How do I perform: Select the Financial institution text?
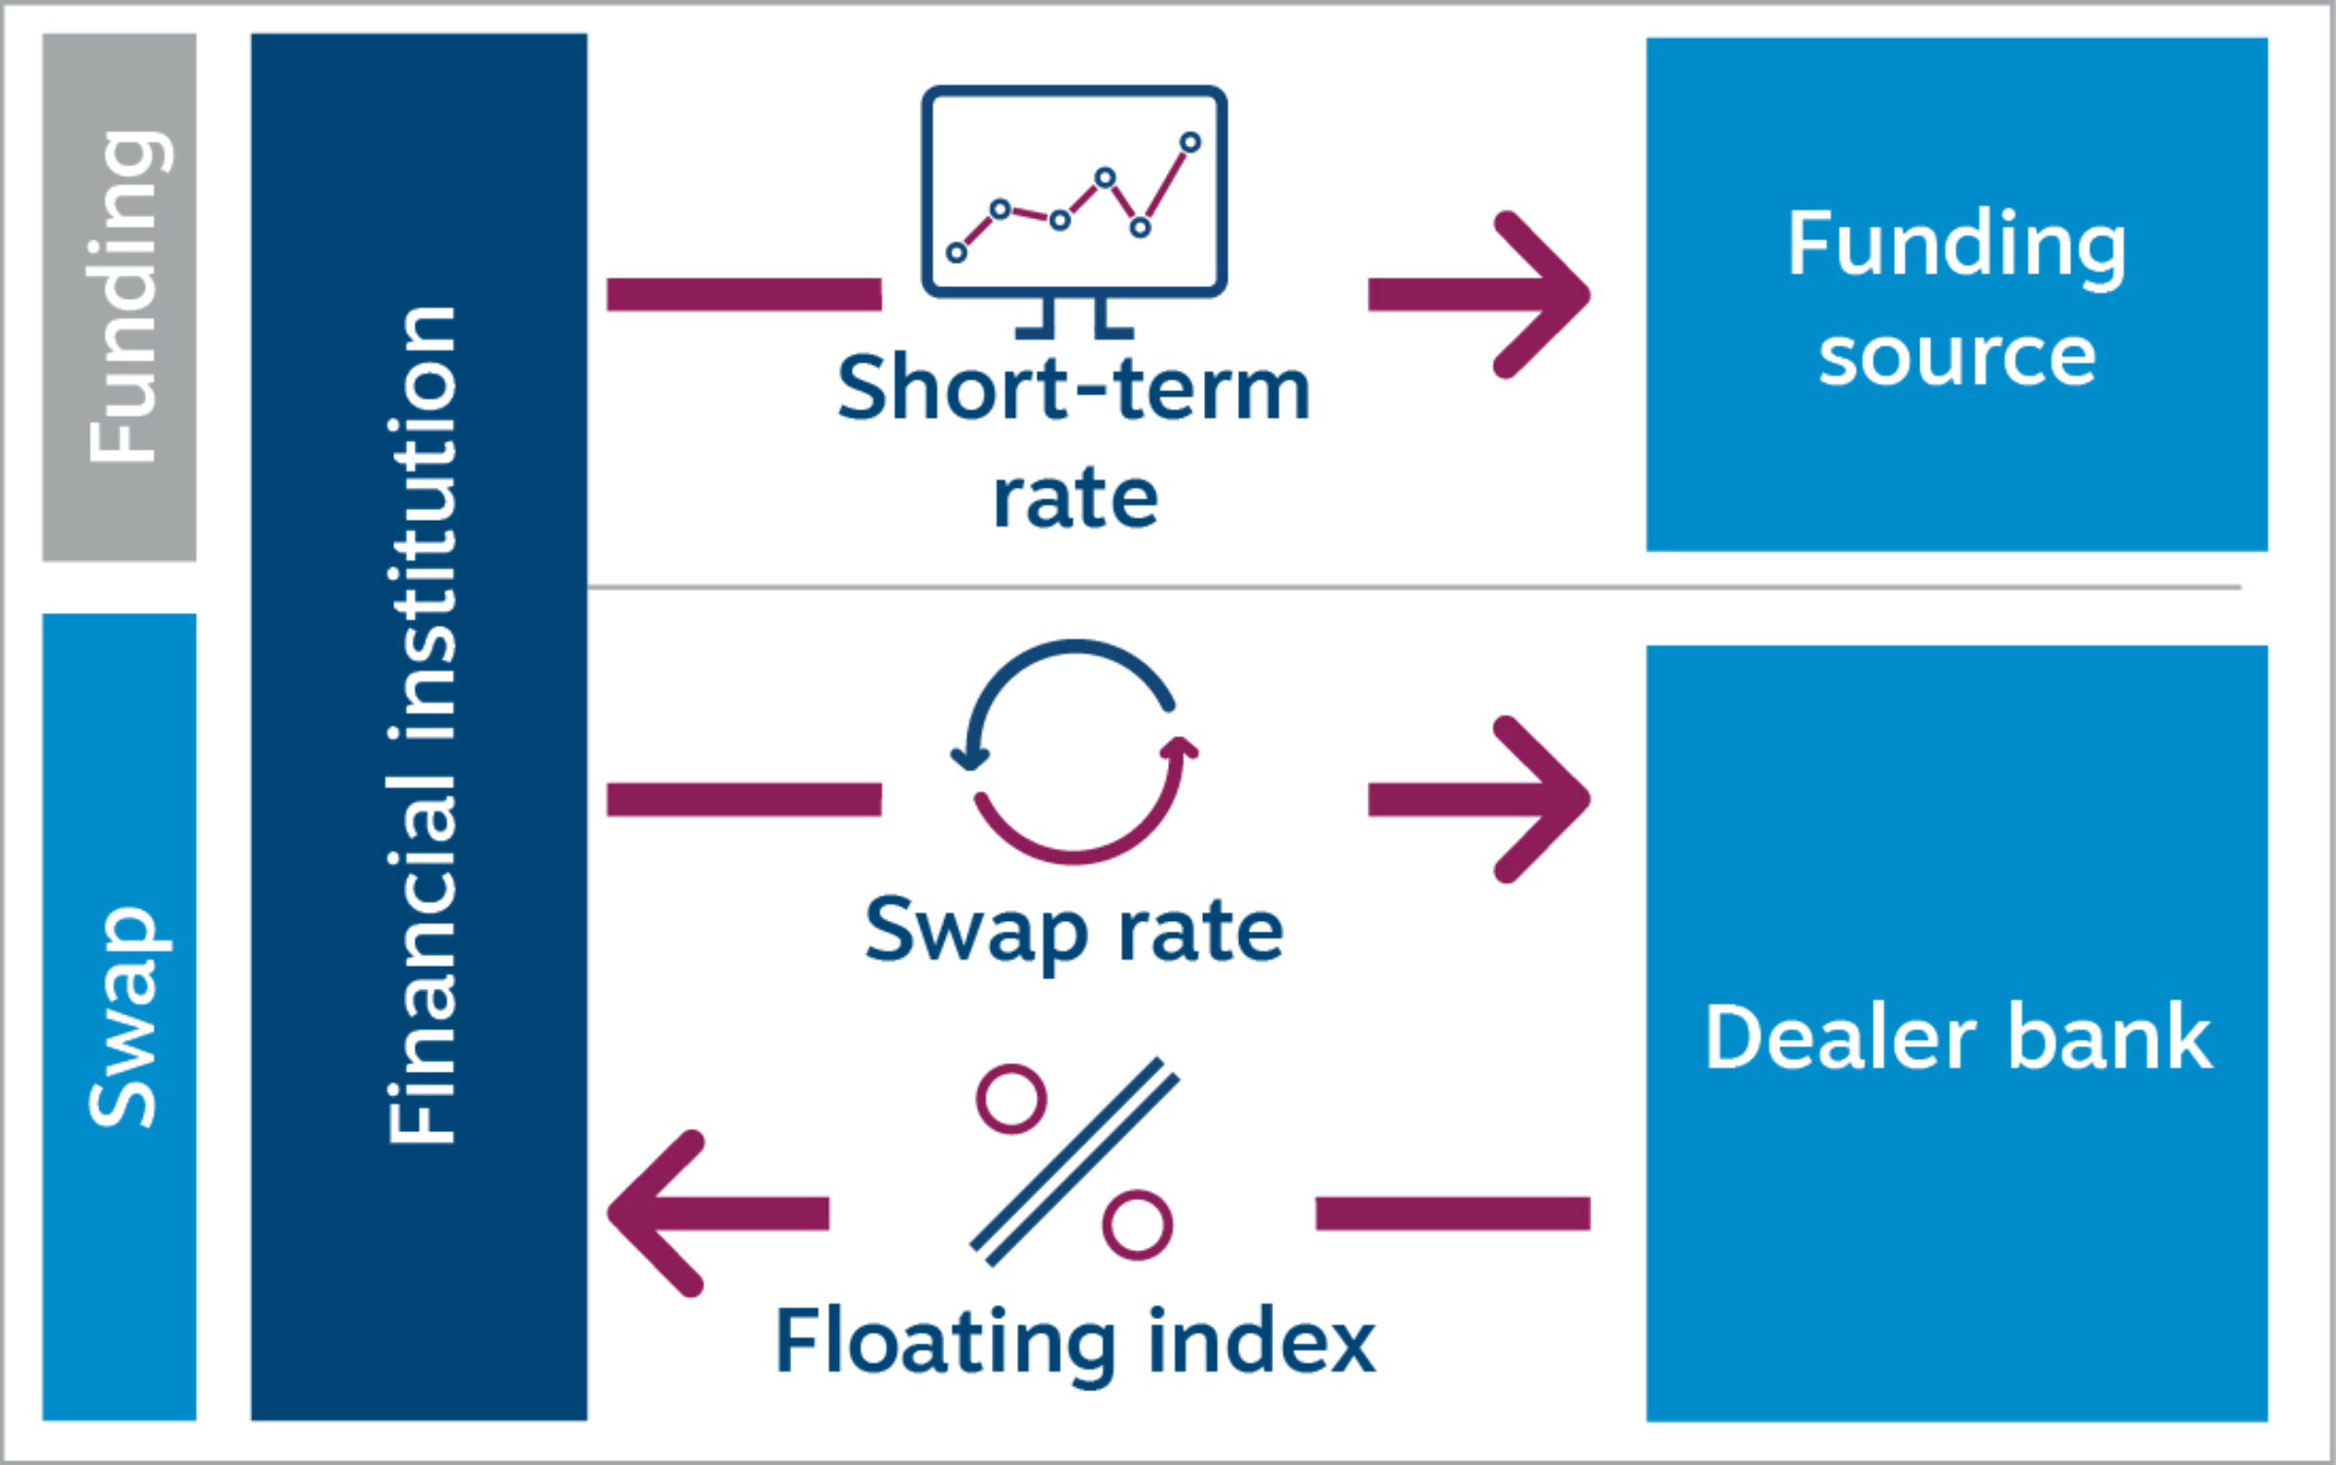tap(420, 725)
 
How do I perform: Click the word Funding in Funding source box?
tap(1956, 245)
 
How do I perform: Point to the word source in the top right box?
tap(1956, 357)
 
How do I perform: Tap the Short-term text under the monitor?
tap(1074, 387)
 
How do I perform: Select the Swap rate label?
tap(1074, 932)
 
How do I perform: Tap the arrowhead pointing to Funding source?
tap(1548, 294)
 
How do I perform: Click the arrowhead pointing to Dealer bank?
tap(1548, 799)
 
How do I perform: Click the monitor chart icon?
tap(1074, 192)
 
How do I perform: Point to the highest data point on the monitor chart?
tap(1189, 143)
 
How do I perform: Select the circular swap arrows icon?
tap(1074, 751)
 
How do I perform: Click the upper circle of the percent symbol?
tap(1011, 1099)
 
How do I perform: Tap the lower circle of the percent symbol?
tap(1137, 1225)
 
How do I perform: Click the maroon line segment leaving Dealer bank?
tap(1452, 1214)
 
